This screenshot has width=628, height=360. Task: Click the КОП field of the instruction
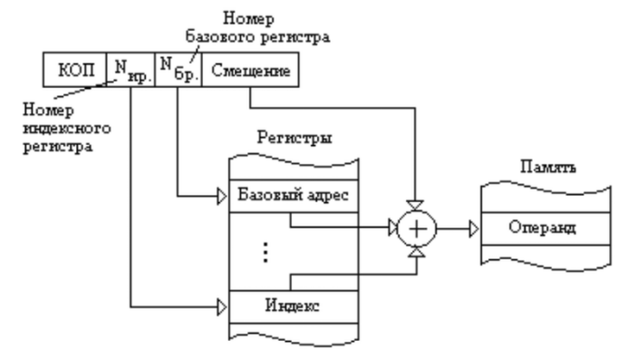pyautogui.click(x=74, y=69)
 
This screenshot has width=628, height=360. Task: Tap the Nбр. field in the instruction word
pyautogui.click(x=178, y=69)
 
